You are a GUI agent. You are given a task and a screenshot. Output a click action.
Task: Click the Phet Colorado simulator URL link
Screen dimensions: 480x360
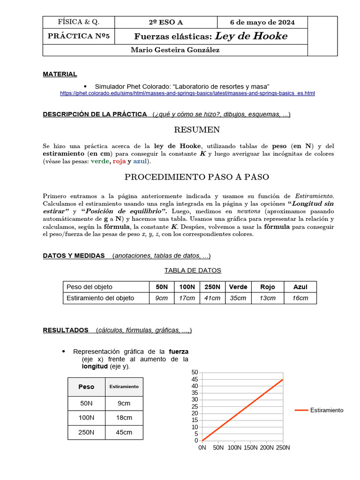click(x=187, y=94)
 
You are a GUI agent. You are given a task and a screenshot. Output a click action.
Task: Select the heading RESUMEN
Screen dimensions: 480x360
click(x=197, y=130)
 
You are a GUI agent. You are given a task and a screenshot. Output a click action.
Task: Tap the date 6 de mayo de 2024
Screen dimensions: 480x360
click(x=262, y=22)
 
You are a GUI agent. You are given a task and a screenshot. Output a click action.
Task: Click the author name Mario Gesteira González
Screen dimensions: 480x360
click(x=175, y=50)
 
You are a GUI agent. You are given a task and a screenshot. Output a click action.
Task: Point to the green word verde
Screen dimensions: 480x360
click(x=100, y=161)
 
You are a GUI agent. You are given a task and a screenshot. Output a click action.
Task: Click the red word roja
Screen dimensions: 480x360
click(x=120, y=161)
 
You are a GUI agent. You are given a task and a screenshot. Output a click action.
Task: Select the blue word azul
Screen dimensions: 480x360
click(x=140, y=161)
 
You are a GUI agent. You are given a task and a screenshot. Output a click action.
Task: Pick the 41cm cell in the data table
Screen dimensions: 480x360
click(x=212, y=298)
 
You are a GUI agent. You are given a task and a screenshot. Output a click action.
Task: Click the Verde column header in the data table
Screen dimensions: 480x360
click(x=238, y=287)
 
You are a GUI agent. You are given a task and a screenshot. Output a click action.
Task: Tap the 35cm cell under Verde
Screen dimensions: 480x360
click(x=238, y=298)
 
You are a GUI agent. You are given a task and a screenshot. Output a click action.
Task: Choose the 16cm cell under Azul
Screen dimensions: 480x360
click(x=300, y=298)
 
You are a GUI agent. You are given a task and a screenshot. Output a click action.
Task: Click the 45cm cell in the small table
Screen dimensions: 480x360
click(x=124, y=432)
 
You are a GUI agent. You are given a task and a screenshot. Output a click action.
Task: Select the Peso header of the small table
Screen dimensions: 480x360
click(x=86, y=387)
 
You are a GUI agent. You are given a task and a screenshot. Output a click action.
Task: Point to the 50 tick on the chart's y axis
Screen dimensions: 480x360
click(x=195, y=372)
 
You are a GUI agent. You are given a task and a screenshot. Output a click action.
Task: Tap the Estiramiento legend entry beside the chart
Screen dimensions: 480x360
click(x=326, y=410)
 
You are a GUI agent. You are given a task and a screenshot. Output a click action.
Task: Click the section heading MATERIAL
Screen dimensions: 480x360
click(x=60, y=74)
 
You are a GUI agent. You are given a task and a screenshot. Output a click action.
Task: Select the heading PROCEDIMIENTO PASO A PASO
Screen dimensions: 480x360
click(x=196, y=177)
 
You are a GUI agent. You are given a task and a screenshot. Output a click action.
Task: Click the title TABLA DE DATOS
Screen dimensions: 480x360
click(x=193, y=270)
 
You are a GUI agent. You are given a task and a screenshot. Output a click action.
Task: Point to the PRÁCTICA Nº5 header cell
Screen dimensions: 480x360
click(x=79, y=37)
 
